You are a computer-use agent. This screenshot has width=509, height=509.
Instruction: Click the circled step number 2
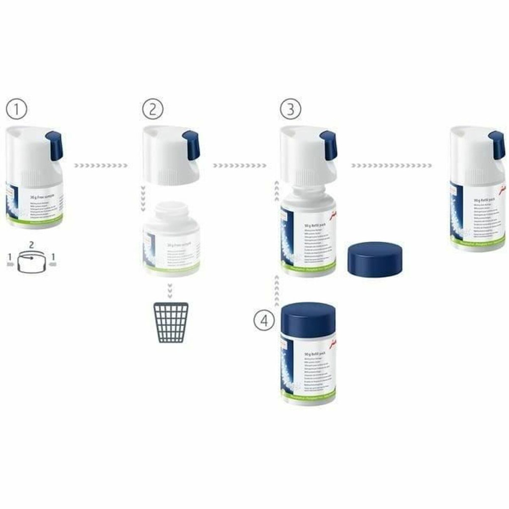[x=152, y=109]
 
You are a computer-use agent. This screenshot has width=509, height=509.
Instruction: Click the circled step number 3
[x=290, y=109]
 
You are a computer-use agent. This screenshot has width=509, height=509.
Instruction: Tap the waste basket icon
[x=171, y=323]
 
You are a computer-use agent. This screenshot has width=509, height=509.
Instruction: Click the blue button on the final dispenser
[x=496, y=145]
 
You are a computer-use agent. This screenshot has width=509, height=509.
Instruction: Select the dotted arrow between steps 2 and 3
[x=239, y=165]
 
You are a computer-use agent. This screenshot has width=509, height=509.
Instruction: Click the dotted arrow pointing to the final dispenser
[x=391, y=165]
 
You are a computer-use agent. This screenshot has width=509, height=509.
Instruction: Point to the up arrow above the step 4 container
[x=275, y=288]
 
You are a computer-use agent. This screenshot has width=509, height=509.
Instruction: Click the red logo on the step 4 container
[x=332, y=344]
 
